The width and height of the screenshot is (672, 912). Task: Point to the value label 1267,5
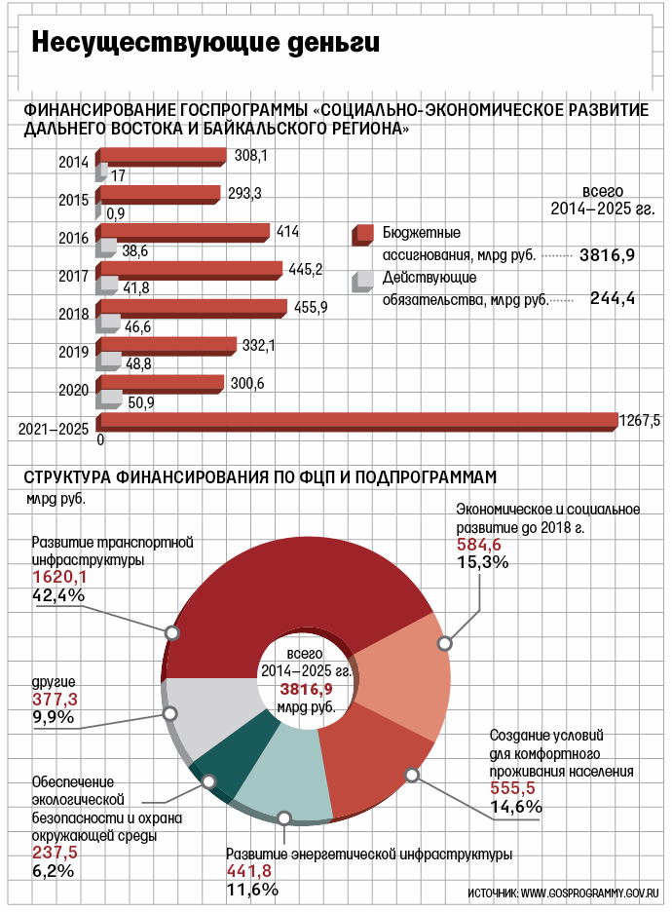[640, 421]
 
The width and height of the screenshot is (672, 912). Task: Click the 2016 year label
[74, 238]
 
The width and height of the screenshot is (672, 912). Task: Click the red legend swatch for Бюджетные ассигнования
[364, 234]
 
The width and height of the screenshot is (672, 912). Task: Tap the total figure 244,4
[613, 299]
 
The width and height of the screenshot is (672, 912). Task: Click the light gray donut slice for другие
[213, 707]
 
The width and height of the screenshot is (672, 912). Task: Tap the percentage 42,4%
[59, 595]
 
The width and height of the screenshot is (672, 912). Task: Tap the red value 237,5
[56, 853]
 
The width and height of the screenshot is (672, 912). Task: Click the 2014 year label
[74, 163]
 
